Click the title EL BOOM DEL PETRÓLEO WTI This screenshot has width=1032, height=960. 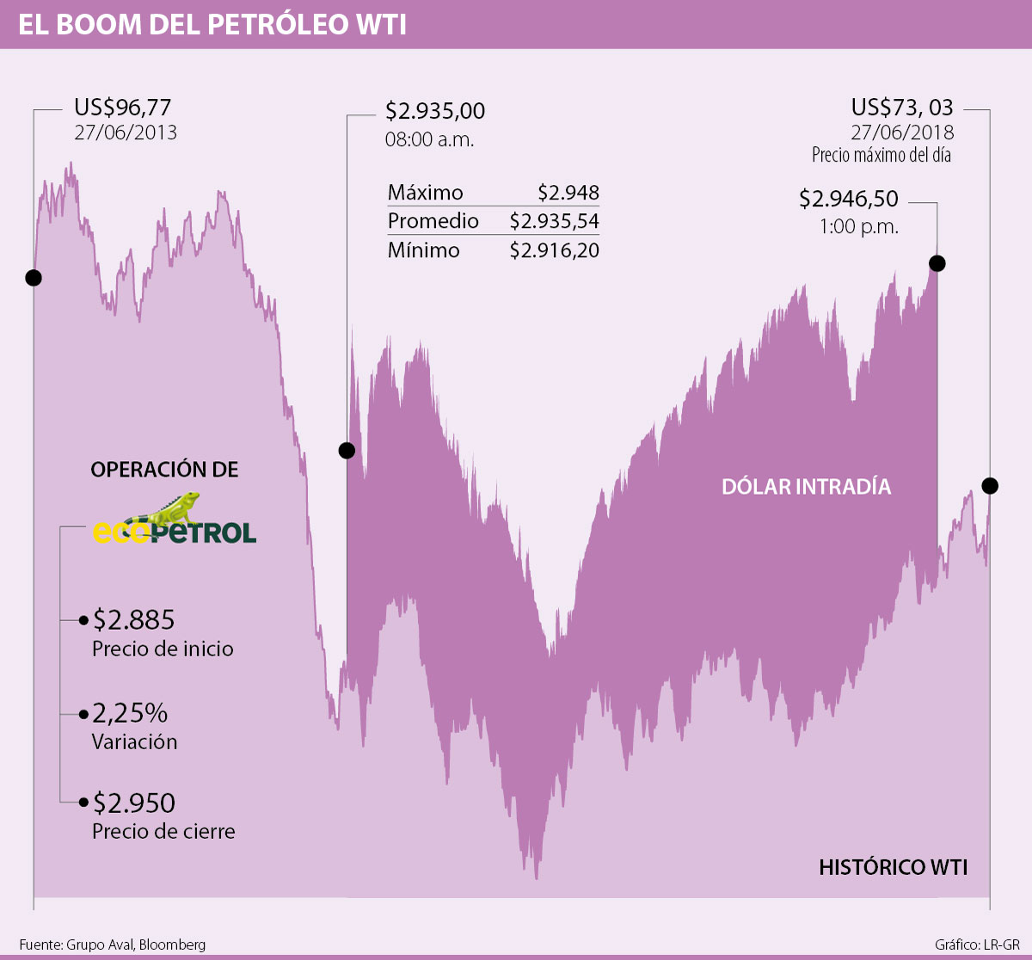pyautogui.click(x=212, y=24)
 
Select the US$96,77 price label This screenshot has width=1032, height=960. pyautogui.click(x=123, y=108)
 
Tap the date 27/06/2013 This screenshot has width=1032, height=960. pyautogui.click(x=126, y=132)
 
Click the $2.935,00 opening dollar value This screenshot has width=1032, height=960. pyautogui.click(x=435, y=111)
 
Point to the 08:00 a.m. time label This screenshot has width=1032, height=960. pyautogui.click(x=429, y=139)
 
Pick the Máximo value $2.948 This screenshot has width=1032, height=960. pyautogui.click(x=568, y=193)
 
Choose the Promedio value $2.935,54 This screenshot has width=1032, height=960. pyautogui.click(x=555, y=221)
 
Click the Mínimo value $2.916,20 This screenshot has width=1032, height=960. pyautogui.click(x=555, y=250)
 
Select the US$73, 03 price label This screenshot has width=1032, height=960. pyautogui.click(x=902, y=108)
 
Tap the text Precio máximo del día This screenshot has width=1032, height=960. pyautogui.click(x=881, y=156)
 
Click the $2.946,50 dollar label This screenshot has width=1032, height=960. pyautogui.click(x=849, y=199)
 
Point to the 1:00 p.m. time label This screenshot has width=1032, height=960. pyautogui.click(x=858, y=227)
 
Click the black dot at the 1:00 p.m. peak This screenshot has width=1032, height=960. pyautogui.click(x=937, y=263)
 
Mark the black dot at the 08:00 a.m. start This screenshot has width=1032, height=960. pyautogui.click(x=347, y=450)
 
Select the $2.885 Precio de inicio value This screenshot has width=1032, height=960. pyautogui.click(x=134, y=619)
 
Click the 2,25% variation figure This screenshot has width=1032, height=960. pyautogui.click(x=130, y=712)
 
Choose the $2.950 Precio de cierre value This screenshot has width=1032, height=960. pyautogui.click(x=134, y=803)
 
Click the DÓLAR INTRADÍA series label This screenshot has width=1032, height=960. pyautogui.click(x=806, y=487)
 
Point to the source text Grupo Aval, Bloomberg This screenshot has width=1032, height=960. pyautogui.click(x=135, y=945)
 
